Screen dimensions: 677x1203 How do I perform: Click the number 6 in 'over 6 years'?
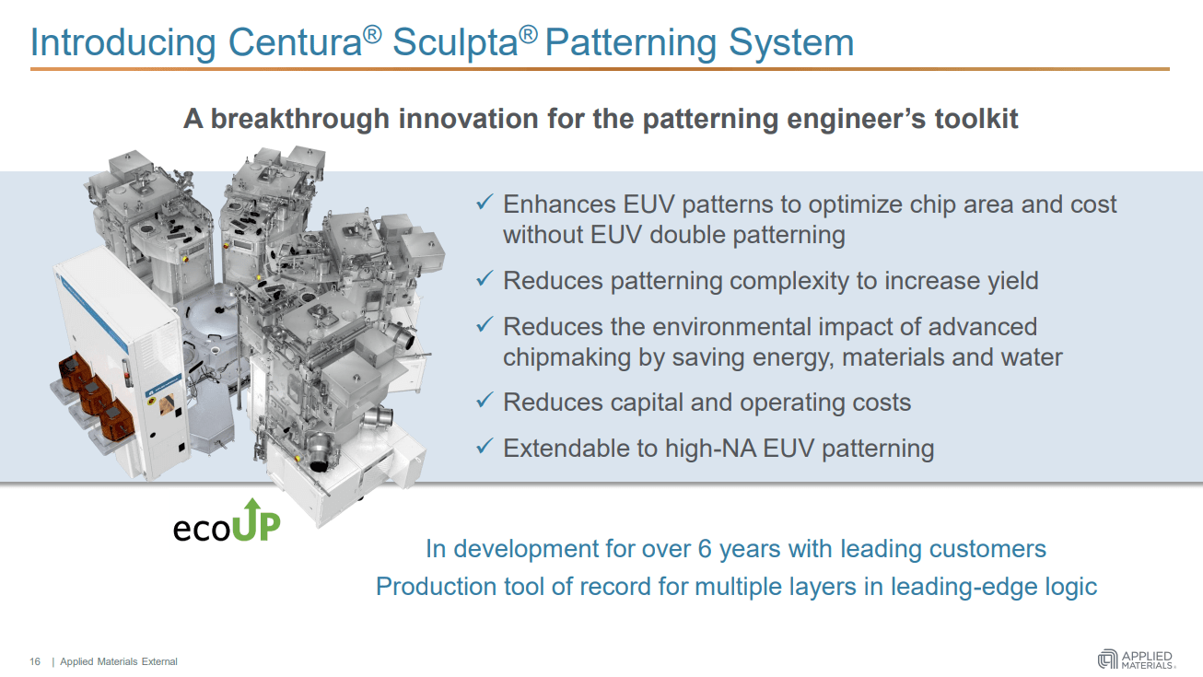tap(705, 549)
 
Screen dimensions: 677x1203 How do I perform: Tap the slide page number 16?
tap(36, 661)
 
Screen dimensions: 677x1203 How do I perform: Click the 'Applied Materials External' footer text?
tap(119, 661)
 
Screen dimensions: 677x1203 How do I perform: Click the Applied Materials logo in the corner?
tap(1136, 659)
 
